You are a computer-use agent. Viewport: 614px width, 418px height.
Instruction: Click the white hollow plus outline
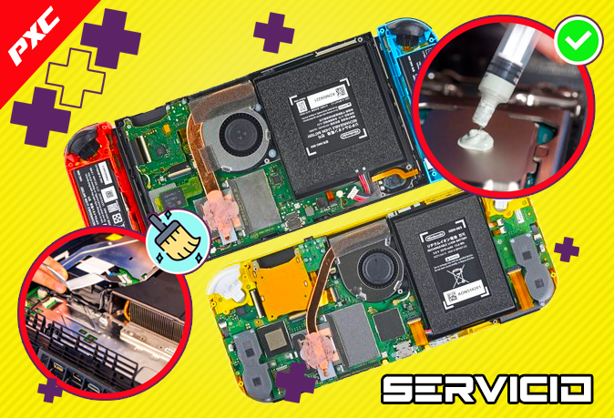[72, 77]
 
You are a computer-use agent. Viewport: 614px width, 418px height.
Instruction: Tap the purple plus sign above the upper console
[272, 33]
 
